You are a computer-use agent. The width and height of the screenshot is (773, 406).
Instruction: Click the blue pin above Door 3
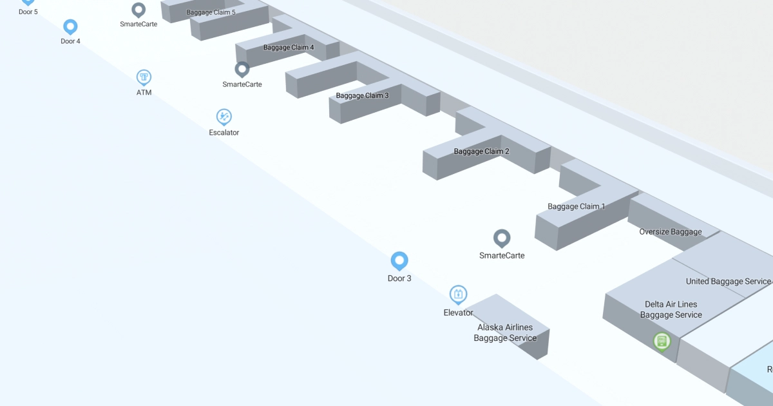point(399,260)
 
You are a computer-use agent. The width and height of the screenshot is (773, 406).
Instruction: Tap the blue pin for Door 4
point(70,26)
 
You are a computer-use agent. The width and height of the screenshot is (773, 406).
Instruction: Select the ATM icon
point(144,77)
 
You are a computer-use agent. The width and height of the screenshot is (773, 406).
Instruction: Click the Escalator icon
point(224,117)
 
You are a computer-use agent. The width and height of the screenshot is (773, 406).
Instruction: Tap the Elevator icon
point(458,295)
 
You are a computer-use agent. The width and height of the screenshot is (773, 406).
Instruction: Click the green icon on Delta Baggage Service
point(661,340)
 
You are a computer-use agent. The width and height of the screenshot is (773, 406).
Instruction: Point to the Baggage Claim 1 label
point(577,207)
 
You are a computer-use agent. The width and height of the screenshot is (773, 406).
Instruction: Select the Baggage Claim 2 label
point(481,151)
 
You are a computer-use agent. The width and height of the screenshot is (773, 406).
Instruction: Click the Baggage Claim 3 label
point(362,96)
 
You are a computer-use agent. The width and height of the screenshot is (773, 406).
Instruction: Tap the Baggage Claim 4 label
point(289,48)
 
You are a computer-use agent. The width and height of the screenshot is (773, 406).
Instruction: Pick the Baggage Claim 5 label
point(211,12)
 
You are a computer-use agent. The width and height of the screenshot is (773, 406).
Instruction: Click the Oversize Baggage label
point(670,232)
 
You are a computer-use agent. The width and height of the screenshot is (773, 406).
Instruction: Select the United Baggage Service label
point(728,282)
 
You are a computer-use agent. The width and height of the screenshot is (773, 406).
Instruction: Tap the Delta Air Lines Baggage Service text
point(671,309)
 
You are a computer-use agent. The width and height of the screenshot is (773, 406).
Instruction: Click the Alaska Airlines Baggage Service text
point(505,333)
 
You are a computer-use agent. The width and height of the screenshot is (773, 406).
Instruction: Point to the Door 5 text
point(28,12)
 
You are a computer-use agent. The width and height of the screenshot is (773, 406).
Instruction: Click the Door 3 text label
point(399,278)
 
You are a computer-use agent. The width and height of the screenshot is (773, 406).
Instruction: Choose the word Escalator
point(224,133)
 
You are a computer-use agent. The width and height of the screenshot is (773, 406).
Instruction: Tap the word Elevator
point(458,313)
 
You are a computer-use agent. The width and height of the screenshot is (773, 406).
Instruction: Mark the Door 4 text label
point(70,41)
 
